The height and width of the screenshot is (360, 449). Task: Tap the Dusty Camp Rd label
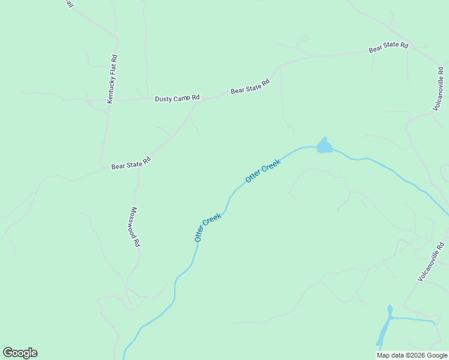[x=176, y=98]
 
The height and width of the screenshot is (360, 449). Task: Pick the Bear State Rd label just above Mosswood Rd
[x=130, y=163]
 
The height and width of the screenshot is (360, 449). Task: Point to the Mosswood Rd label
[x=136, y=227]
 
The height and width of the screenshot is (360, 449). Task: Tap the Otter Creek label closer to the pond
[x=263, y=172]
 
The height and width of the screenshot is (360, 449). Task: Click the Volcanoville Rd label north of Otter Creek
[x=439, y=88]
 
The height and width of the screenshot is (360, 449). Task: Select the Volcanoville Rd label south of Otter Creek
[x=431, y=262]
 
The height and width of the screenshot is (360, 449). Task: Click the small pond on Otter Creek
[x=324, y=146]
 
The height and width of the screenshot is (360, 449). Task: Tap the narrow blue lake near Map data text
[x=384, y=329]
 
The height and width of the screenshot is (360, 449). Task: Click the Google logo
[x=20, y=353]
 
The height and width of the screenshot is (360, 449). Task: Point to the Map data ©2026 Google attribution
[x=411, y=355]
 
